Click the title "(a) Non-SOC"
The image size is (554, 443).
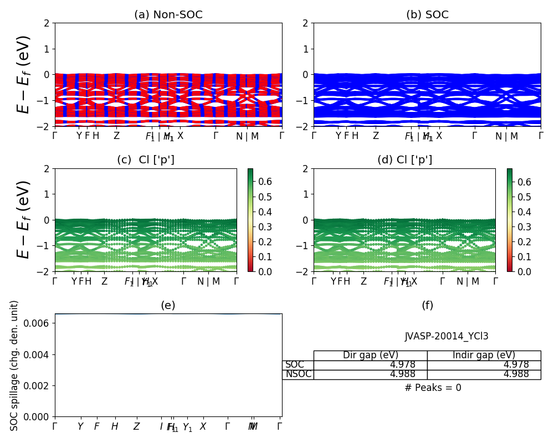(x=168, y=15)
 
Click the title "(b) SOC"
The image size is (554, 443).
(x=427, y=15)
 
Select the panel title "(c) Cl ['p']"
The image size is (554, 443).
(x=146, y=160)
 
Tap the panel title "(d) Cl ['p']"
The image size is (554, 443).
(x=404, y=160)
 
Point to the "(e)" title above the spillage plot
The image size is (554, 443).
(x=168, y=305)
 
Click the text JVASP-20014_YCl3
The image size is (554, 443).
(x=447, y=336)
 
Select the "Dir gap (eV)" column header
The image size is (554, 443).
(x=370, y=356)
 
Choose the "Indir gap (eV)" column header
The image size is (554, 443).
(x=484, y=356)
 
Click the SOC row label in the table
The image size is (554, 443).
(x=295, y=365)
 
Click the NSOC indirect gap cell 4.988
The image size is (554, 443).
(x=516, y=374)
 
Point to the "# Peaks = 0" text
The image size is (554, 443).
(x=433, y=388)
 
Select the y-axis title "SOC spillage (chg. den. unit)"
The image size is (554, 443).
(x=14, y=365)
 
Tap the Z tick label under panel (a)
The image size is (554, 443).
(x=116, y=136)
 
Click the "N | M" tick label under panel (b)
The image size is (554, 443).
(x=506, y=136)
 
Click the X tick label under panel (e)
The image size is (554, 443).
(x=203, y=426)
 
